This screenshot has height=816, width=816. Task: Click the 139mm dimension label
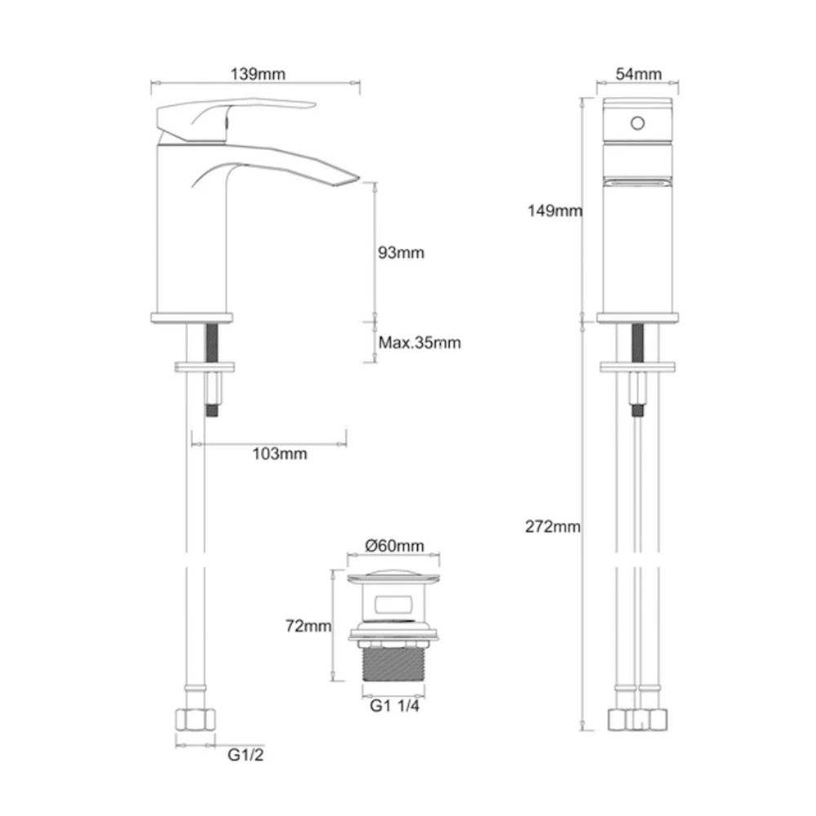coord(255,74)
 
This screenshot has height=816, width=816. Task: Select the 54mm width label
coord(638,74)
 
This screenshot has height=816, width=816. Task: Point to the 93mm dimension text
coord(401,253)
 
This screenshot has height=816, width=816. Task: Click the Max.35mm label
coord(419,343)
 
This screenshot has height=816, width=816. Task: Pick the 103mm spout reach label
coord(279,454)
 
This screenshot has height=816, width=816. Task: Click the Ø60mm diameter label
coord(395,545)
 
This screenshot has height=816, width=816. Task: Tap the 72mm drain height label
coord(308,627)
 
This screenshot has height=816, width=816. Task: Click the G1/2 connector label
coord(246,756)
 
